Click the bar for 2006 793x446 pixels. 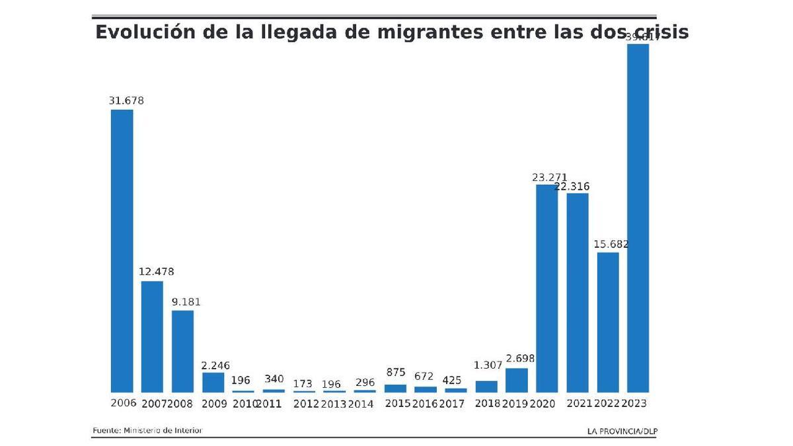tap(122, 251)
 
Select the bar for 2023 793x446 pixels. tap(638, 218)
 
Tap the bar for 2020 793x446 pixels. tap(547, 289)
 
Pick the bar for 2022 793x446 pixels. tap(608, 322)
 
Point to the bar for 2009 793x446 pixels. tap(213, 383)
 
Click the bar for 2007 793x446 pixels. tap(152, 337)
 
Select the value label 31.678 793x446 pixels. tap(126, 101)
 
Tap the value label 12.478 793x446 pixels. tap(157, 272)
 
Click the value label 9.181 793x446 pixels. tap(186, 302)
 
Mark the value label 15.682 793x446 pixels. tap(611, 244)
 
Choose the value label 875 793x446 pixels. tap(395, 373)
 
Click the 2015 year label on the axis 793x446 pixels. tap(397, 404)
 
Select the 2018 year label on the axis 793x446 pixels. tap(488, 404)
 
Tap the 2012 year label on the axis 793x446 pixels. tap(306, 404)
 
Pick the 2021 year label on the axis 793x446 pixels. tap(579, 404)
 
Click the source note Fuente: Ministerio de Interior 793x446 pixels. tap(147, 431)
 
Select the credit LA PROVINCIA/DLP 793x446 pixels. tap(622, 431)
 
